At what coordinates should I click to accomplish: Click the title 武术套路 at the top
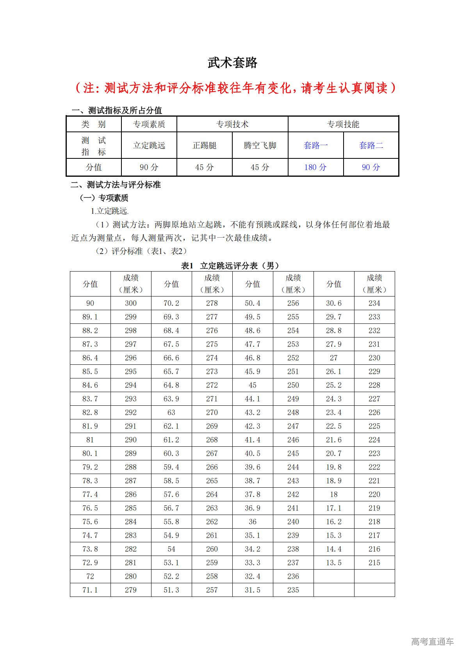(x=232, y=63)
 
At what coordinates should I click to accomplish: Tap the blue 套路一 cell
(x=315, y=146)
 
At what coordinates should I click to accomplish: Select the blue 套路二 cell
(x=371, y=146)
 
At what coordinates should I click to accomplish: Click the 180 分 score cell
(x=315, y=167)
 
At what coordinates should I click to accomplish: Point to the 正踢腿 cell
(x=205, y=146)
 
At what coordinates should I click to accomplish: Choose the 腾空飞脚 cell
(x=260, y=146)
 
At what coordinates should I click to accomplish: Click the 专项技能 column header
(x=343, y=124)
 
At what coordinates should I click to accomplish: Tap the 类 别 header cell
(x=94, y=124)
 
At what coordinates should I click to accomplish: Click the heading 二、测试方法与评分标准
(x=116, y=185)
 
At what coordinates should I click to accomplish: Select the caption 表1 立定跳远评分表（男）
(x=230, y=266)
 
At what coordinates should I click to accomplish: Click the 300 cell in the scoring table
(x=131, y=303)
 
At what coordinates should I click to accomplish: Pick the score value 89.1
(x=90, y=317)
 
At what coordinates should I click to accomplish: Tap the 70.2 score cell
(x=171, y=303)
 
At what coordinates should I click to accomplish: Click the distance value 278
(x=212, y=303)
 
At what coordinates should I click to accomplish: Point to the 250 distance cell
(x=293, y=385)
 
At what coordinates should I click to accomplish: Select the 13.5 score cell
(x=334, y=563)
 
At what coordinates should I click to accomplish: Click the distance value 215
(x=374, y=563)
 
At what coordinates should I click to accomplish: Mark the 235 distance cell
(x=293, y=590)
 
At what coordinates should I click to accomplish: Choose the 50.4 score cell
(x=253, y=303)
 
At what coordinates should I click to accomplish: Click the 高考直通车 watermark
(x=433, y=641)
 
